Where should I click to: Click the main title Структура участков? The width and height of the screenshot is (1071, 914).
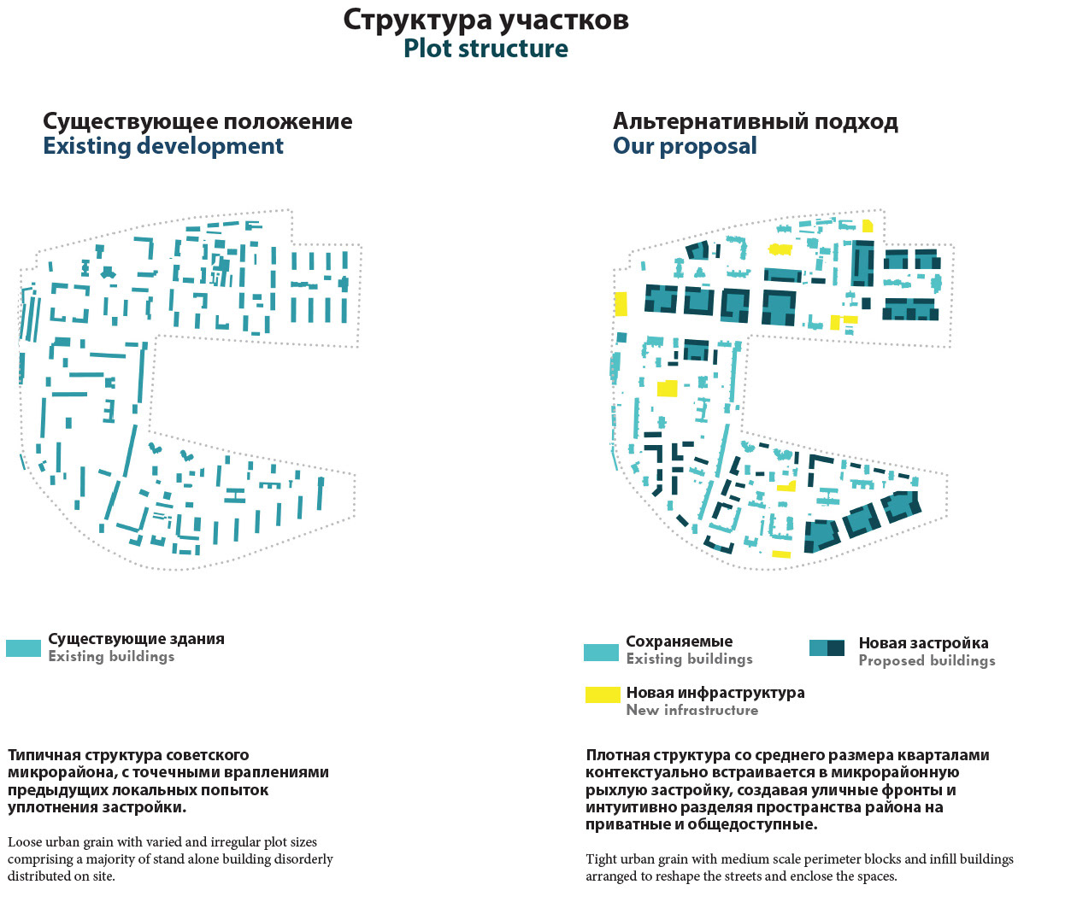(x=485, y=20)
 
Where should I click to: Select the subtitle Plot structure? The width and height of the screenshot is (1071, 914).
(x=485, y=49)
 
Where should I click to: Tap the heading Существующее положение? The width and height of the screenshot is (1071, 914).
(x=197, y=121)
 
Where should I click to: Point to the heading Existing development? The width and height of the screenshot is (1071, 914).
(x=163, y=146)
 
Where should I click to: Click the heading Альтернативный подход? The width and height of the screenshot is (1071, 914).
(x=755, y=121)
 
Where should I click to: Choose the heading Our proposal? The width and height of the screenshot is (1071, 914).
(x=685, y=146)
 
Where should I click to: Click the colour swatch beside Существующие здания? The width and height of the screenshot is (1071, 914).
(x=23, y=648)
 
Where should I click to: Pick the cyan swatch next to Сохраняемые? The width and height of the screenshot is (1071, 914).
(x=601, y=653)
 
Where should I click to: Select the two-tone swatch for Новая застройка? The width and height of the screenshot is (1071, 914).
(x=827, y=648)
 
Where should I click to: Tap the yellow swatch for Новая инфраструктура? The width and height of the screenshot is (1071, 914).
(x=603, y=694)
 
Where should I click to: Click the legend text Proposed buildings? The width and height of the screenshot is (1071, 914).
(x=927, y=660)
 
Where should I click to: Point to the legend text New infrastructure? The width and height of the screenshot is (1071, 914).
(x=691, y=710)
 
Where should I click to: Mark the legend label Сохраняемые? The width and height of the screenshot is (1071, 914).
(x=679, y=642)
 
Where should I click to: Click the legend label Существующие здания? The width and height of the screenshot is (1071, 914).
(x=136, y=639)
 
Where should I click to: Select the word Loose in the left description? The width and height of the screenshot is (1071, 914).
(x=24, y=842)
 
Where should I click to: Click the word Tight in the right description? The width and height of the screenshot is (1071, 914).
(x=602, y=859)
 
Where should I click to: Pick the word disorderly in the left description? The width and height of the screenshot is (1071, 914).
(x=303, y=859)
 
